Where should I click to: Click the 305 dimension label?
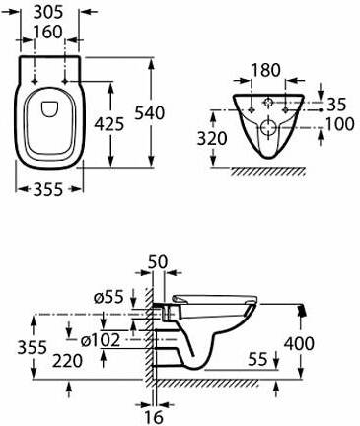point(48,13)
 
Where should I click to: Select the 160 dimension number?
point(48,32)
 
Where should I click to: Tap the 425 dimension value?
point(109,124)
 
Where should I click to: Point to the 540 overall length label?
point(150,112)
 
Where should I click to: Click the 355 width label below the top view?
point(48,189)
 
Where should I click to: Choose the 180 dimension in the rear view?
point(266,70)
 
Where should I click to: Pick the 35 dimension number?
point(336,105)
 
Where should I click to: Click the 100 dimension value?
point(340,124)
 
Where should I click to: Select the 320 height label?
point(212,138)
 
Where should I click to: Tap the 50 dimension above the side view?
point(157,262)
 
